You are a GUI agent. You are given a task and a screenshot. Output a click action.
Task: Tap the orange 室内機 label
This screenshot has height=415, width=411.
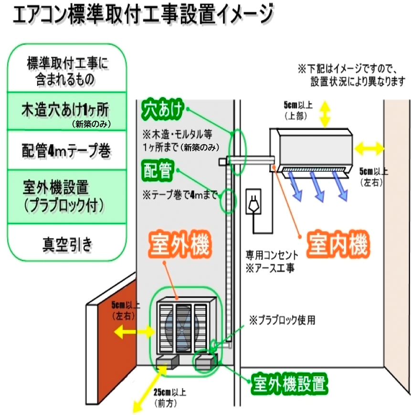(x=337, y=246)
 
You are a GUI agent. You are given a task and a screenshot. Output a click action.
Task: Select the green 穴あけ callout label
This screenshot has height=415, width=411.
(x=162, y=111)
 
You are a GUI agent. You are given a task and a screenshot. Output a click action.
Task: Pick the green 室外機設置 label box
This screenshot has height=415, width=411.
(x=290, y=383)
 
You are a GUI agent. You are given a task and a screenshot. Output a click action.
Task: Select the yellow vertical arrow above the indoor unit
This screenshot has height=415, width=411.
(x=325, y=114)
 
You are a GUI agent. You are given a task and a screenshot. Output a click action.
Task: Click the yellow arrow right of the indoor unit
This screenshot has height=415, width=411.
(x=370, y=149)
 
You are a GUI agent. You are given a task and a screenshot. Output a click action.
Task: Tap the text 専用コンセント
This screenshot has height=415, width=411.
(x=273, y=255)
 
